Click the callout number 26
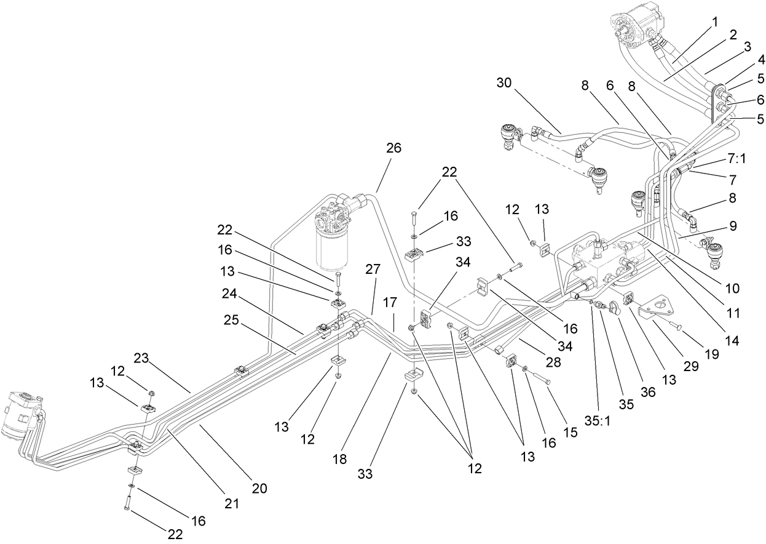pos(393,148)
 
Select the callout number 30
pos(505,82)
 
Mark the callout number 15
pos(571,433)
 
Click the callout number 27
pos(373,269)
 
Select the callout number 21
pos(231,504)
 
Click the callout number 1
pos(714,22)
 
